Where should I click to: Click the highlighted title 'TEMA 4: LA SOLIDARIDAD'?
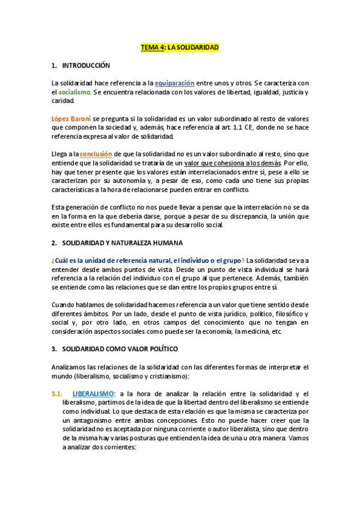[x=180, y=46]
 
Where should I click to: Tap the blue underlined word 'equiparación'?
[x=174, y=83]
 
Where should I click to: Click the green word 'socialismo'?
[x=75, y=92]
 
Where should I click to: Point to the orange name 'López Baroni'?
[x=71, y=118]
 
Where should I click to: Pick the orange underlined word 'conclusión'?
[x=96, y=154]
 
